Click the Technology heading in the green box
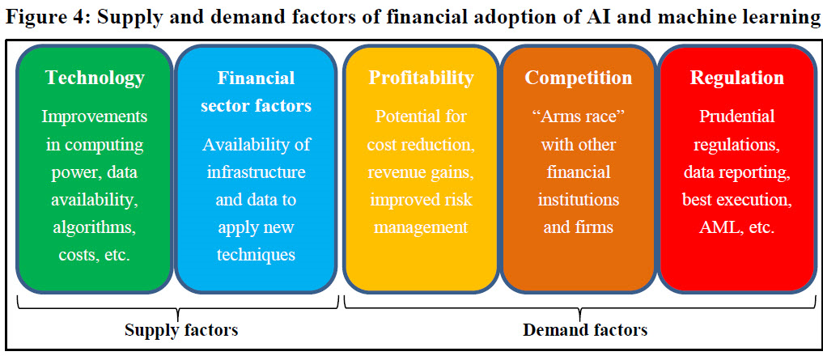pyautogui.click(x=95, y=78)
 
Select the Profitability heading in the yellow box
pyautogui.click(x=421, y=78)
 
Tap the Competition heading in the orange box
pyautogui.click(x=578, y=78)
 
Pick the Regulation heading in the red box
pyautogui.click(x=737, y=78)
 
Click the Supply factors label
pyautogui.click(x=181, y=330)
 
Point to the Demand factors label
pyautogui.click(x=585, y=330)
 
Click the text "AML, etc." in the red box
pyautogui.click(x=737, y=228)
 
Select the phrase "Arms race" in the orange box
pyautogui.click(x=578, y=116)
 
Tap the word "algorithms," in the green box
pyautogui.click(x=95, y=228)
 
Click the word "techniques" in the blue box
pyautogui.click(x=256, y=256)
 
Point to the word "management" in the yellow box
pyautogui.click(x=421, y=228)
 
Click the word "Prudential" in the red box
pyautogui.click(x=737, y=116)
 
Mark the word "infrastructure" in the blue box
pyautogui.click(x=256, y=172)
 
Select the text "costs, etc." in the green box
pyautogui.click(x=95, y=256)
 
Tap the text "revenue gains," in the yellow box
pyautogui.click(x=421, y=172)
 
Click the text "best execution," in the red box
pyautogui.click(x=737, y=200)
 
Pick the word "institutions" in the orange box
pyautogui.click(x=578, y=200)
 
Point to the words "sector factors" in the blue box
pyautogui.click(x=256, y=106)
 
